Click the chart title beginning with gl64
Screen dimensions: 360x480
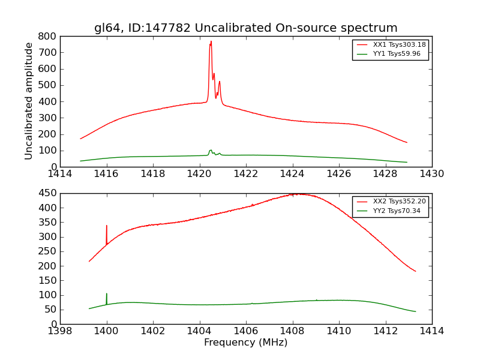pyautogui.click(x=245, y=28)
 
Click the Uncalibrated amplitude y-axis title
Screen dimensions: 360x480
pyautogui.click(x=29, y=101)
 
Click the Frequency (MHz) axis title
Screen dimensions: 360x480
pyautogui.click(x=245, y=343)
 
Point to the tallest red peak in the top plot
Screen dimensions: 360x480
pyautogui.click(x=211, y=42)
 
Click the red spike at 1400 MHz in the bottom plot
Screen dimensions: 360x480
pyautogui.click(x=107, y=227)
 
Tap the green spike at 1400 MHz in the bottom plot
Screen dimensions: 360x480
pyautogui.click(x=107, y=295)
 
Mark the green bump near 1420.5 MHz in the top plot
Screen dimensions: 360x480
pyautogui.click(x=211, y=151)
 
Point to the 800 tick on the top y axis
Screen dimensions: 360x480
pyautogui.click(x=47, y=36)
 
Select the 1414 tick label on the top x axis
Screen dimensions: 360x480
pyautogui.click(x=60, y=174)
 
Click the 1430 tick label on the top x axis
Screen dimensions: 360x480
pyautogui.click(x=431, y=174)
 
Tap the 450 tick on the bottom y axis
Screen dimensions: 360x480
pyautogui.click(x=47, y=193)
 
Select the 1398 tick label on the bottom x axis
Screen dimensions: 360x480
pyautogui.click(x=60, y=331)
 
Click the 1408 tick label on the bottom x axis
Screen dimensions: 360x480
pyautogui.click(x=292, y=331)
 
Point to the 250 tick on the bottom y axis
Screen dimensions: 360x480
pyautogui.click(x=47, y=251)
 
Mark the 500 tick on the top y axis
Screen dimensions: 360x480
pyautogui.click(x=47, y=85)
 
